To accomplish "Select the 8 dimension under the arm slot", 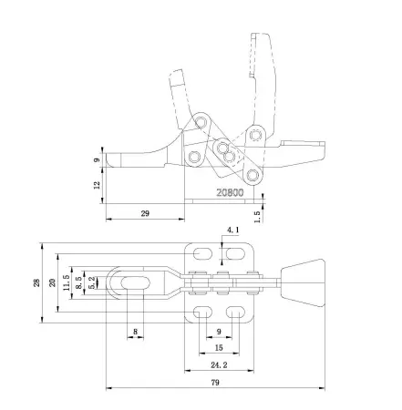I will click(x=135, y=332).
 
